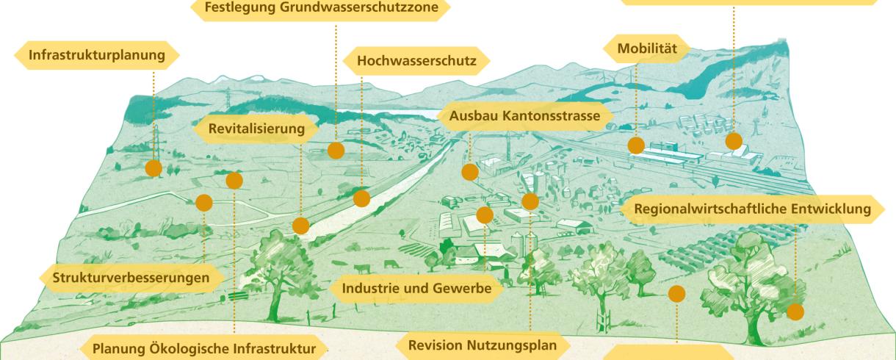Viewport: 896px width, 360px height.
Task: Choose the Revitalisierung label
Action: (256, 129)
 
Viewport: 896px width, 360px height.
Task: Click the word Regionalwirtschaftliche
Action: (705, 209)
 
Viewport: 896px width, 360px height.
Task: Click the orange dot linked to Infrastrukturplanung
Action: (153, 168)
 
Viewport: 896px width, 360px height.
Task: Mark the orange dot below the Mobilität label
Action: (636, 145)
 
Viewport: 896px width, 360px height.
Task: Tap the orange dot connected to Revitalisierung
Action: (300, 226)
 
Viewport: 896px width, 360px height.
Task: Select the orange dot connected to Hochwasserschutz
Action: (361, 198)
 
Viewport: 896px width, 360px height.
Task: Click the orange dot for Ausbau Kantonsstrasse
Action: (470, 172)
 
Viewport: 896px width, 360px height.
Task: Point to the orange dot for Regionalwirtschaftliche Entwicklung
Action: (795, 312)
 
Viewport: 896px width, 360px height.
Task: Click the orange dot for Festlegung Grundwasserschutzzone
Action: (336, 151)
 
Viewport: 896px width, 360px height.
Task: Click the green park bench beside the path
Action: (239, 295)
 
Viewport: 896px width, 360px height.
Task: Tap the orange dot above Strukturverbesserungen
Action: (204, 203)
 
